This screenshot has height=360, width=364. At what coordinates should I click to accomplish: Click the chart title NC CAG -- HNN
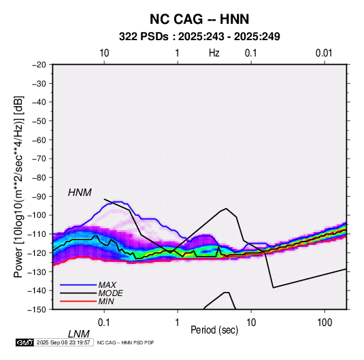[x=199, y=19]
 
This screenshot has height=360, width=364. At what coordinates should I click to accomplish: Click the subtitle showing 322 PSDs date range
[x=199, y=37]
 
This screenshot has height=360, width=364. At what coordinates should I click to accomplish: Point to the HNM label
[x=80, y=193]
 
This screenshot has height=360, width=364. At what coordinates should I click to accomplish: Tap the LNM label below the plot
[x=79, y=334]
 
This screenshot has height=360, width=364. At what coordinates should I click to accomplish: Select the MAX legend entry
[x=107, y=284]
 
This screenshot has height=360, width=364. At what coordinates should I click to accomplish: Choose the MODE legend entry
[x=110, y=293]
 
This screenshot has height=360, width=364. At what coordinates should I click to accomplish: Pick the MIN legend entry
[x=106, y=301]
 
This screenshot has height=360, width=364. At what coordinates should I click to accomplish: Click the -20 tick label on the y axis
[x=39, y=65]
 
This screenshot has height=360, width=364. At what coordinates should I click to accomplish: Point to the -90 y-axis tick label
[x=39, y=197]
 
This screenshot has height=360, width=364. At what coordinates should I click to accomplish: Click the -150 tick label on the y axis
[x=37, y=310]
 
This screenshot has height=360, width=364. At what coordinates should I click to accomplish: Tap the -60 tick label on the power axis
[x=39, y=140]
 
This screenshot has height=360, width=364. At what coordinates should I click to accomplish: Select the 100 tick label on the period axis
[x=325, y=323]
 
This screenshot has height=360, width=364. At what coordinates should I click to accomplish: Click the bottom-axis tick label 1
[x=178, y=323]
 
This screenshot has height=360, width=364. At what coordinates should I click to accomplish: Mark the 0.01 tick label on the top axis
[x=324, y=53]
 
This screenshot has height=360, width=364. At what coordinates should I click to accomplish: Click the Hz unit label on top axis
[x=214, y=53]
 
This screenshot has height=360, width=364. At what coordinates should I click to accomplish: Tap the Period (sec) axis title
[x=214, y=330]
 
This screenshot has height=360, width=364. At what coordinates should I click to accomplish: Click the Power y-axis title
[x=18, y=186]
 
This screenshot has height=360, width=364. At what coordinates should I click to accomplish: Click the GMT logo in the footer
[x=25, y=342]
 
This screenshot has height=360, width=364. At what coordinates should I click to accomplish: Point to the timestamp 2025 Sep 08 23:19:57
[x=63, y=342]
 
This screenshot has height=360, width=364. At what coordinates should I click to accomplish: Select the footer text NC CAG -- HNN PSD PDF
[x=125, y=342]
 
